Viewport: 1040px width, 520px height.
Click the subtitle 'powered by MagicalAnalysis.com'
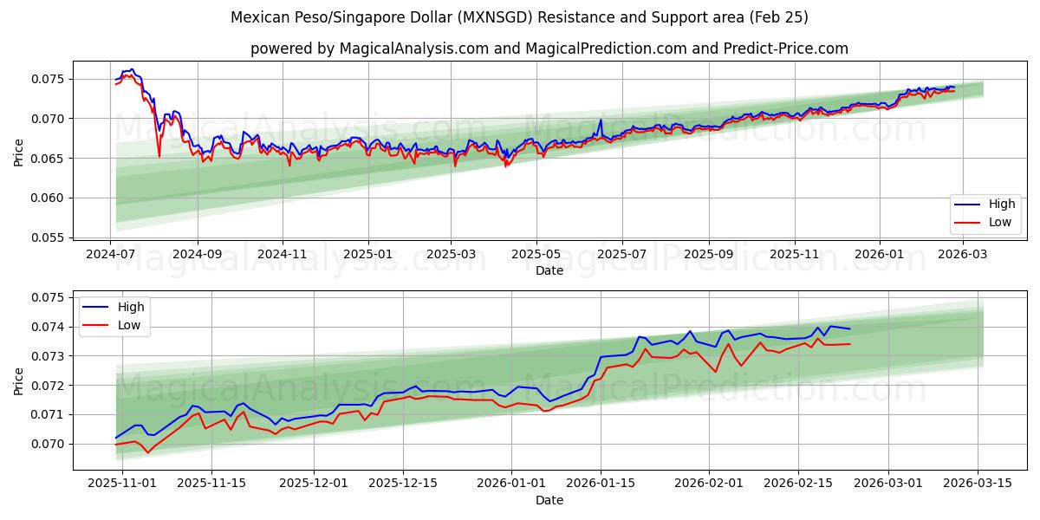(x=549, y=49)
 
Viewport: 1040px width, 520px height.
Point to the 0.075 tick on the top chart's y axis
(x=49, y=79)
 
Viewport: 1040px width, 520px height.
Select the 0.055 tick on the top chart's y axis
(x=49, y=237)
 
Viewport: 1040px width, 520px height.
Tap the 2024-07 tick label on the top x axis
(x=111, y=255)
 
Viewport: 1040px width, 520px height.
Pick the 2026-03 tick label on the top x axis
(x=962, y=255)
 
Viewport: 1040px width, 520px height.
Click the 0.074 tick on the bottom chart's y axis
(x=49, y=327)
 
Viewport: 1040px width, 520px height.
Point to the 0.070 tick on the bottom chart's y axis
(x=49, y=444)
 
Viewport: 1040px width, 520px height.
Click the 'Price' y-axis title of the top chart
(x=19, y=151)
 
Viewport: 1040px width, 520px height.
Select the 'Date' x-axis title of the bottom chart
(x=549, y=500)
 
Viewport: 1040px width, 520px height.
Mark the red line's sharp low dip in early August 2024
(x=159, y=156)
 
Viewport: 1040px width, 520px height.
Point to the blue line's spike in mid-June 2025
(x=601, y=120)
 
